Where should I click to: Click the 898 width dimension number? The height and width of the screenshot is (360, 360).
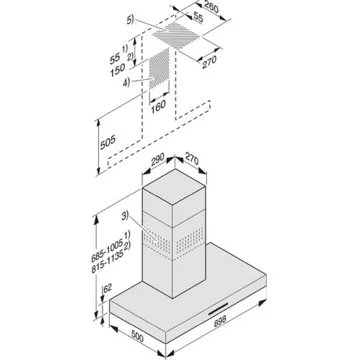coord(219,320)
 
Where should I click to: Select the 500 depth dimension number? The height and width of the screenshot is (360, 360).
coord(136,337)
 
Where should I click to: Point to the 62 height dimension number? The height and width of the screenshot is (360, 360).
coord(107,288)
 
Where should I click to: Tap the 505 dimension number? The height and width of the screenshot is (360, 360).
coord(108,142)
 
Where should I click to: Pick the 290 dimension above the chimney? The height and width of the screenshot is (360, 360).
coord(157,159)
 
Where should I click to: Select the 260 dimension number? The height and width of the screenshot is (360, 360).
coord(211,7)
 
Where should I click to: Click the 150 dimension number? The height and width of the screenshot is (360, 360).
coord(118,70)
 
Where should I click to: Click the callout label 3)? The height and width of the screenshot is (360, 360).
coord(125,216)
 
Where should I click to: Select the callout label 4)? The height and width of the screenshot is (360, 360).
coord(126,82)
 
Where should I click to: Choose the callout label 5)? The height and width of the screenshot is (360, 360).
coord(130,19)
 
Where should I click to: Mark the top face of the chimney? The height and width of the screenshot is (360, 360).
coord(174,186)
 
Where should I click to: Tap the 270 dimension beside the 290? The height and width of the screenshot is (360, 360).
coord(191,159)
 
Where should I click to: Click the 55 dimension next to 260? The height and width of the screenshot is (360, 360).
coord(198,18)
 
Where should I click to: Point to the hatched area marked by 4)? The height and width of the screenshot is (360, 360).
coord(159,68)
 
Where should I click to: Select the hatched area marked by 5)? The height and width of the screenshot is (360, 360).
coord(178,35)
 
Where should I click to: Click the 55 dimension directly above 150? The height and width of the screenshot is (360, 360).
coord(115,59)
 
